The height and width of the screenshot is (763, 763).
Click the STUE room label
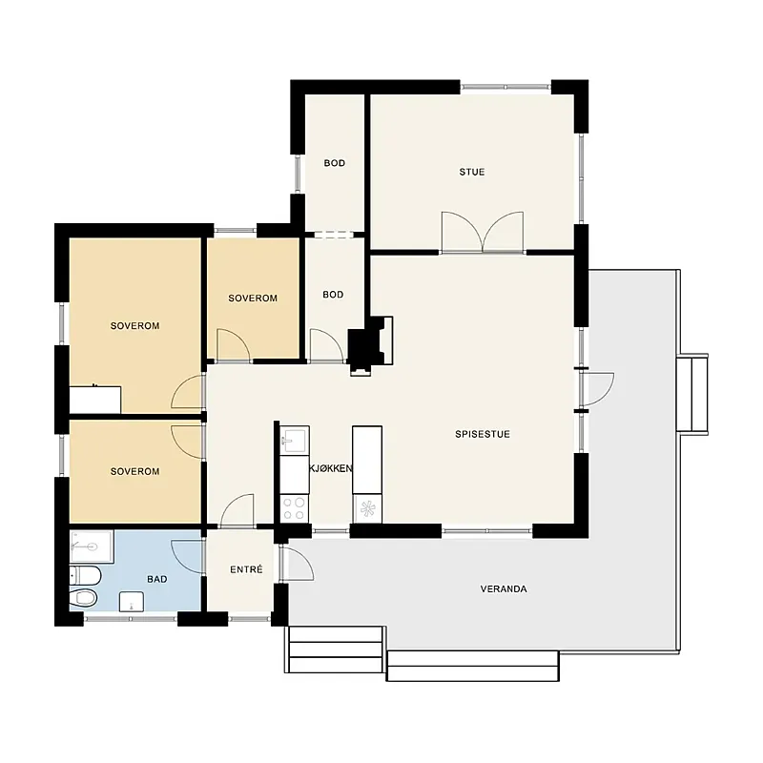tap(471, 172)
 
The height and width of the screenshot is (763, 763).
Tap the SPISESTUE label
tap(483, 434)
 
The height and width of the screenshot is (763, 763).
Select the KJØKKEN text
tap(331, 468)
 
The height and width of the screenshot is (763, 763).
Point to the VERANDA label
tap(504, 588)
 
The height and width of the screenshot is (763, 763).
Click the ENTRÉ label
tap(246, 568)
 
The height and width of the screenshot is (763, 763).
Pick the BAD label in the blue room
tap(156, 579)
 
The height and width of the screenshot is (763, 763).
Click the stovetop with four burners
tap(295, 508)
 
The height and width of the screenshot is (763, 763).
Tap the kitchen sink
tap(295, 441)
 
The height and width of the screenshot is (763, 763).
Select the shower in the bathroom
tap(92, 546)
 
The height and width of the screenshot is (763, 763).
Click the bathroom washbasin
tap(132, 602)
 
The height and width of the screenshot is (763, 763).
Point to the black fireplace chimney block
tap(363, 346)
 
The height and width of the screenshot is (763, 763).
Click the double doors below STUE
tap(483, 233)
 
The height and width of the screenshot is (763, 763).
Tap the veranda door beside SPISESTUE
tap(597, 389)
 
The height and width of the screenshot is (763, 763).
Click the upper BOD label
tap(335, 163)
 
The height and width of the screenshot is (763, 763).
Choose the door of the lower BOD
tap(326, 345)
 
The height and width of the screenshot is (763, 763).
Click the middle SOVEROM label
tap(253, 299)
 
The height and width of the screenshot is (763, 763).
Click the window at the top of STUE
tap(505, 87)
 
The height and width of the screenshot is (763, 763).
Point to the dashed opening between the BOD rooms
tap(334, 235)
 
